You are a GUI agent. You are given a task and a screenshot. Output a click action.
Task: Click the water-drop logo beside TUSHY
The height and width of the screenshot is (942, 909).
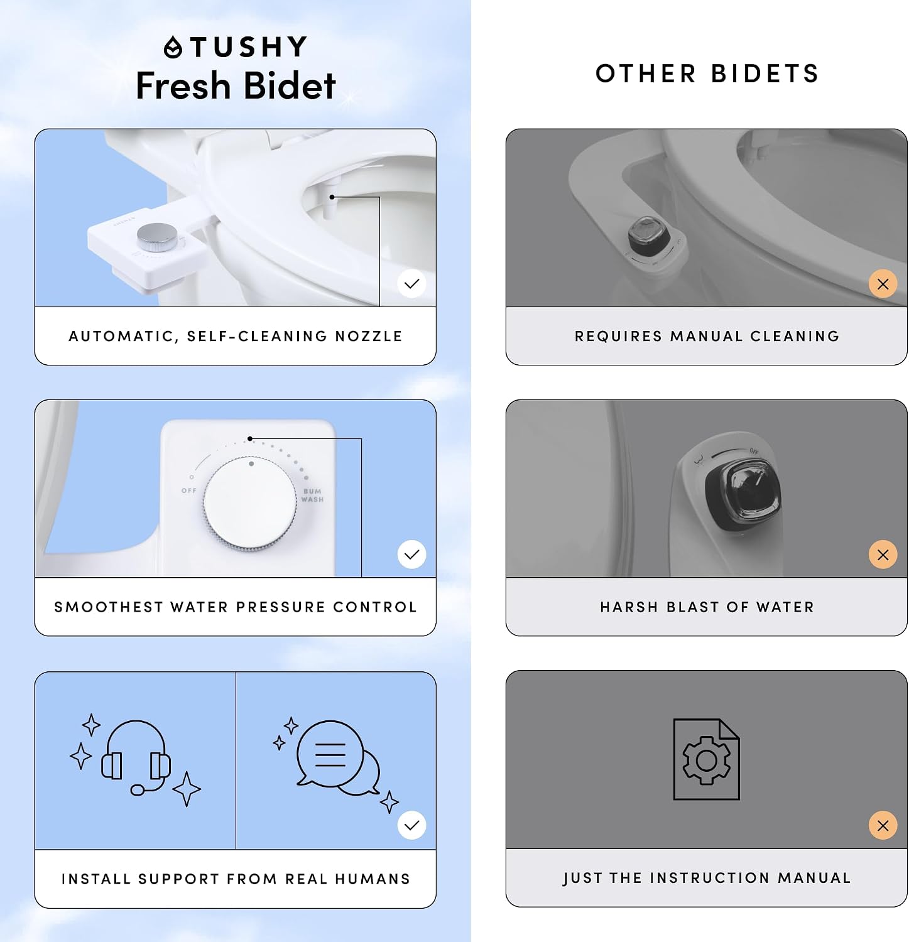pos(173,48)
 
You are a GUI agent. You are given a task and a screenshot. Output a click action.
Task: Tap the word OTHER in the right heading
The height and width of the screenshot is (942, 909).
pos(646,73)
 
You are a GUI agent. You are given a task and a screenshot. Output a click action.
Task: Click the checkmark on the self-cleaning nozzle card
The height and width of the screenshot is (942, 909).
pos(412,284)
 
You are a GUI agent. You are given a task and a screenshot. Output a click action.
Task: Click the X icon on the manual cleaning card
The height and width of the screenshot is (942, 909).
pos(883,284)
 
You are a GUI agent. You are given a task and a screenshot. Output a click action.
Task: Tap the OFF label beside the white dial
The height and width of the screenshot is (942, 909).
pos(188,490)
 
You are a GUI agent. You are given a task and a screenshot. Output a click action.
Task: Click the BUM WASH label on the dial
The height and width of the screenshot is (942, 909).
pos(313,495)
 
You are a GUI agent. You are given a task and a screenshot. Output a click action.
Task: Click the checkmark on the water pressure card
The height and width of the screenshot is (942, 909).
pos(412,555)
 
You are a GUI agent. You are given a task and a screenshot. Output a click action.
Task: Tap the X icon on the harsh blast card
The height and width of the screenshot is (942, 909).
pos(883,555)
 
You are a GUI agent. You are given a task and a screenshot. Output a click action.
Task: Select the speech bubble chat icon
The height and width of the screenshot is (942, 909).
pos(338,757)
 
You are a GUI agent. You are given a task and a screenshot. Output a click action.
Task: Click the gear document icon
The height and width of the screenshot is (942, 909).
pos(706,759)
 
